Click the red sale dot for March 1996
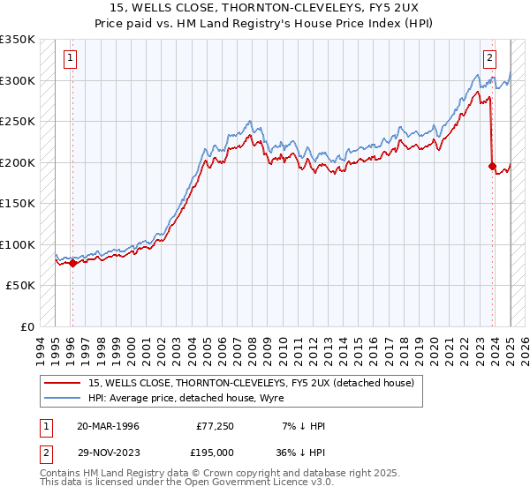(72, 263)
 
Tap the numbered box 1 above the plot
(71, 60)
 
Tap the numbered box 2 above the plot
(489, 60)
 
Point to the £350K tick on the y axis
(18, 40)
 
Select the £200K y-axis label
(18, 162)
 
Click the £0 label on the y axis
(26, 326)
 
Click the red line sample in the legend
(64, 382)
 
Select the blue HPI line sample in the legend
(64, 397)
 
